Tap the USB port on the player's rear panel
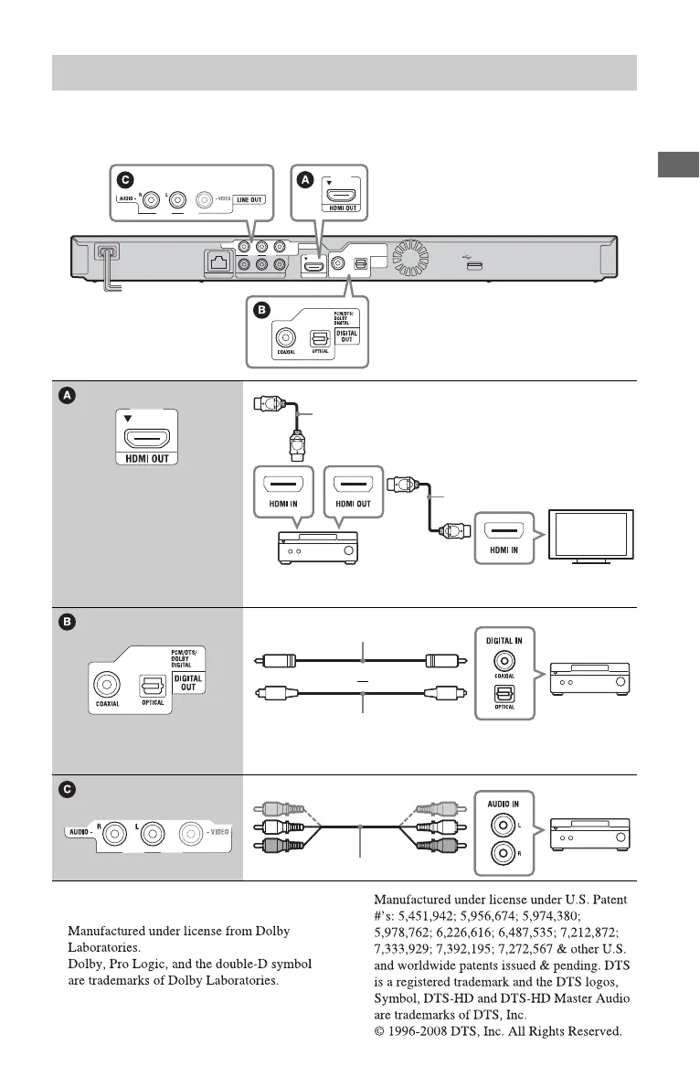tap(473, 265)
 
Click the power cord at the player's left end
tap(110, 269)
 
